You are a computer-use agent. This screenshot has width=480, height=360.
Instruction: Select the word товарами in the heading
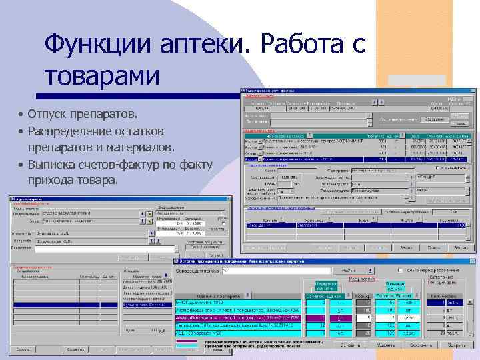[102, 76]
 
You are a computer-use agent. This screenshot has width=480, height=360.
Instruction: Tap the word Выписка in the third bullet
[53, 164]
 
